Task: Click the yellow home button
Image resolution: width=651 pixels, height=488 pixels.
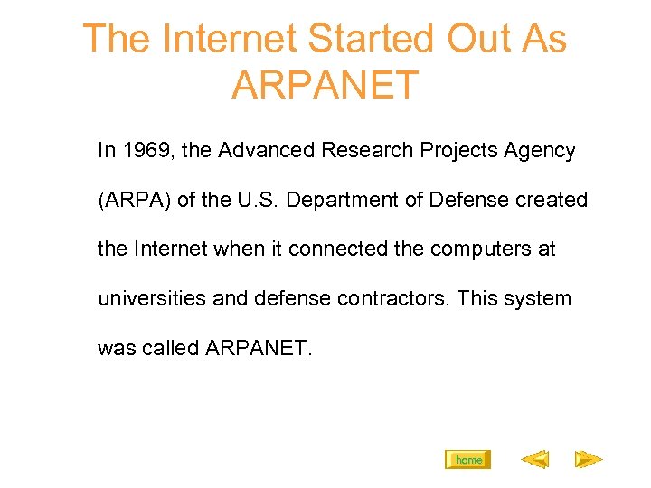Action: [x=468, y=460]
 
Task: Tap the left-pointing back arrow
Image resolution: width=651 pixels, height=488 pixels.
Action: [x=534, y=460]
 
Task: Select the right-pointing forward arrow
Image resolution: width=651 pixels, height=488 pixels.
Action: [x=589, y=460]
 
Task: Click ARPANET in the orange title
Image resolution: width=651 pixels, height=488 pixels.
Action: [x=325, y=85]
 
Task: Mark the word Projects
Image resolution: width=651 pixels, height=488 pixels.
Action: [x=463, y=151]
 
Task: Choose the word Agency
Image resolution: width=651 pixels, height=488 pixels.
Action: [x=541, y=151]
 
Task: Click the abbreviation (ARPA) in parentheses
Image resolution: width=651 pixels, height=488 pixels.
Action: [x=134, y=200]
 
